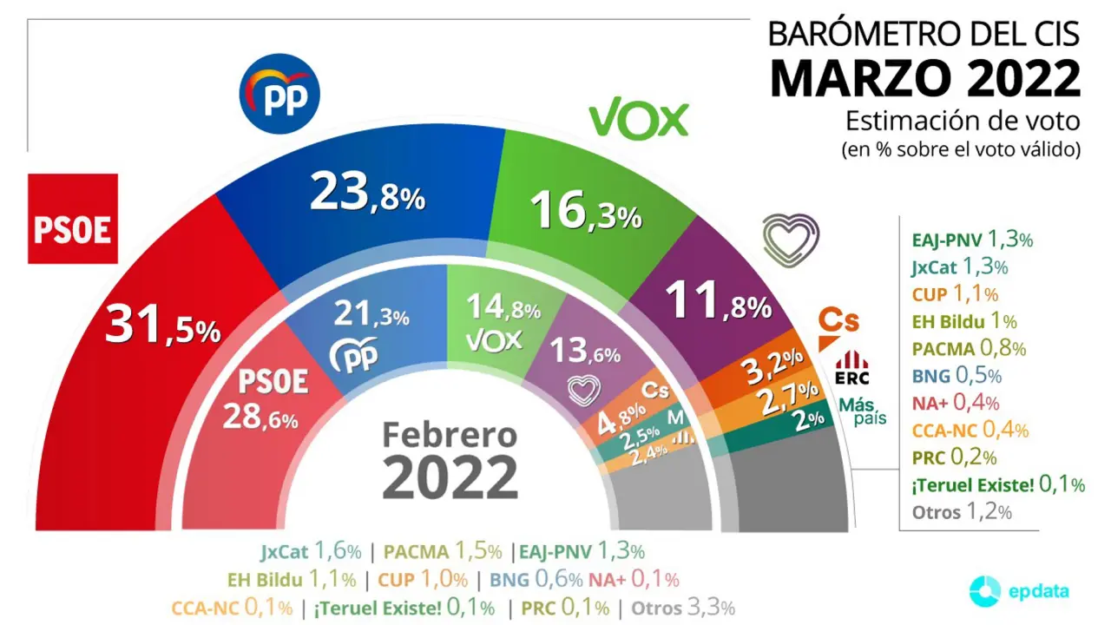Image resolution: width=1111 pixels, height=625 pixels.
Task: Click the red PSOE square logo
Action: (73, 219)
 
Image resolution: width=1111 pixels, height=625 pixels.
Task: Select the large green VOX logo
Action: (639, 120)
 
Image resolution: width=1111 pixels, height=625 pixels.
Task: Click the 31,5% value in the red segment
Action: (163, 326)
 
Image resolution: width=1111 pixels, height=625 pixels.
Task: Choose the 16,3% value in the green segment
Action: (588, 212)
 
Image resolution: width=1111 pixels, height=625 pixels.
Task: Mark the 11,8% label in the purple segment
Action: (717, 305)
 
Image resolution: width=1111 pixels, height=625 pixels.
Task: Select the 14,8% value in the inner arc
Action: (503, 307)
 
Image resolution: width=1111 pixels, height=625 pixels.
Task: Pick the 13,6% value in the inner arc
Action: (587, 352)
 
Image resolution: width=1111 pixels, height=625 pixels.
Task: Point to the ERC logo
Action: (851, 367)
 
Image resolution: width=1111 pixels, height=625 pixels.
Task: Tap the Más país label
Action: (864, 411)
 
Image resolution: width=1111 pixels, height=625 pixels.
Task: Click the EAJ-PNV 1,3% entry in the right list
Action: (972, 240)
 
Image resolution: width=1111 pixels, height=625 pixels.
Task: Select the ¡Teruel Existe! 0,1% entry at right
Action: (998, 484)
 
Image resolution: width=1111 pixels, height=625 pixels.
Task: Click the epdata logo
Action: (1020, 591)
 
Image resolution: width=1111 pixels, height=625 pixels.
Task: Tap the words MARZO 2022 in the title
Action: (925, 79)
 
